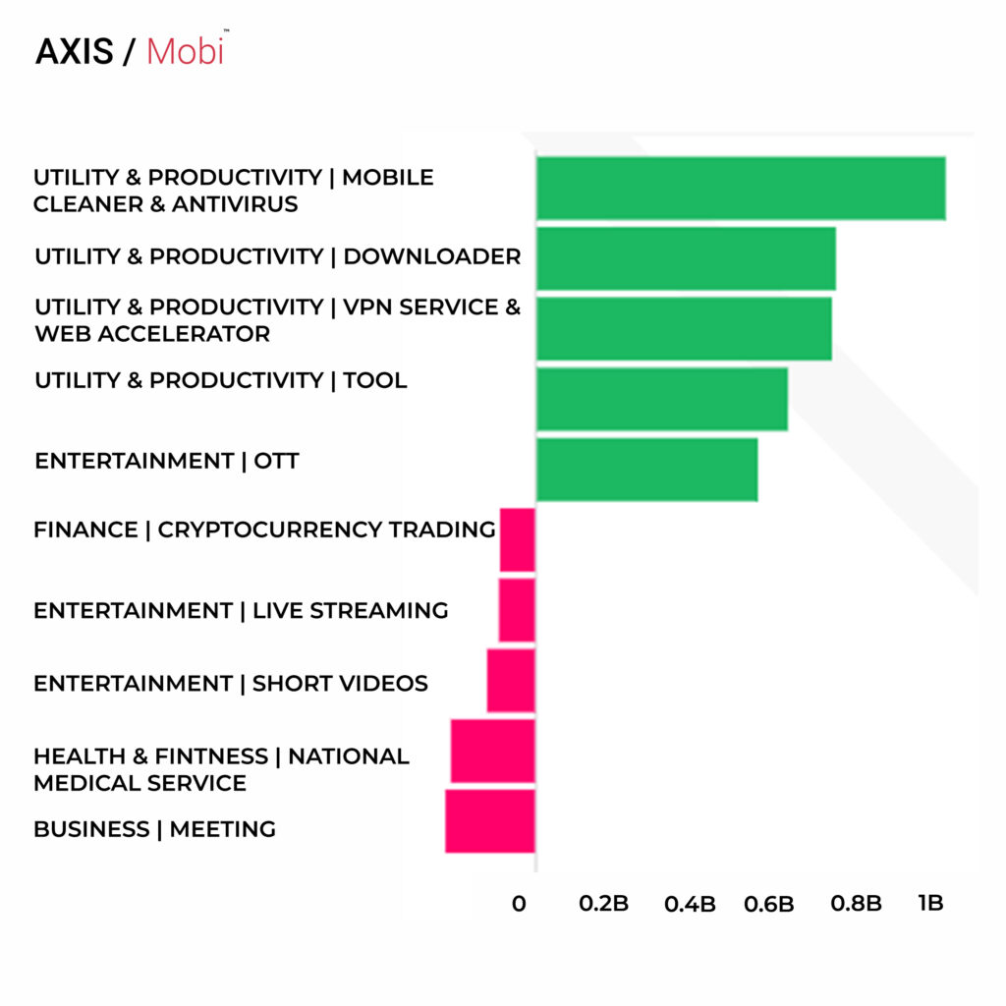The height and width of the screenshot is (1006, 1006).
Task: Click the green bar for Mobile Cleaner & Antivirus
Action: (741, 188)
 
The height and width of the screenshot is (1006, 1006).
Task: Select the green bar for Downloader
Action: (686, 258)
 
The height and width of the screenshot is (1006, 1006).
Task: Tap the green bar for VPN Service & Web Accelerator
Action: (684, 328)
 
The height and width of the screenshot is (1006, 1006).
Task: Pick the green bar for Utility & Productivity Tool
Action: (662, 399)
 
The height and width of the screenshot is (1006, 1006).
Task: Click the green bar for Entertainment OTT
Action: (646, 470)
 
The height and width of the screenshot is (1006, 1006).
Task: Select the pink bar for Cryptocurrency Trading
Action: (518, 539)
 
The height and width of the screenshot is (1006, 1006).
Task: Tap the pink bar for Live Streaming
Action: (517, 610)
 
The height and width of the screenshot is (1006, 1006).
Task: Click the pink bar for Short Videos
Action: (511, 681)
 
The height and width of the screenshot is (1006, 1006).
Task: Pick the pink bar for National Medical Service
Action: (493, 752)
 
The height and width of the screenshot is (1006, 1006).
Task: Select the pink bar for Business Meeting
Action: (490, 821)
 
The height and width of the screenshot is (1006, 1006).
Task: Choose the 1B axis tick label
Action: (930, 903)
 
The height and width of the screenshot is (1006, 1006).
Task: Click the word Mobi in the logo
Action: (185, 52)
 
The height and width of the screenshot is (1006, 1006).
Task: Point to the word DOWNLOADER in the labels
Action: (432, 257)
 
